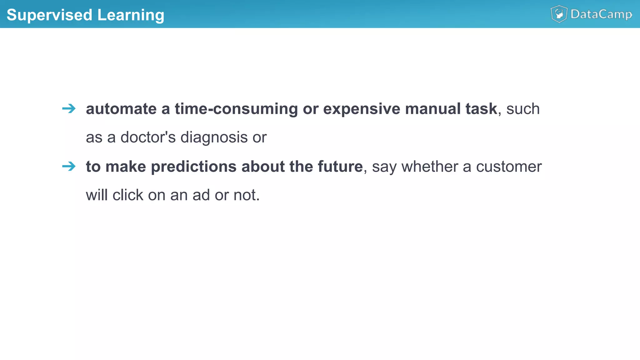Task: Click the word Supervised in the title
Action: (49, 15)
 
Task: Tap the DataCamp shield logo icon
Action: (559, 14)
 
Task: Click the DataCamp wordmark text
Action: (601, 14)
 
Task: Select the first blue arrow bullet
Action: (69, 109)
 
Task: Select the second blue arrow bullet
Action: (69, 166)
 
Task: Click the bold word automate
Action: (121, 109)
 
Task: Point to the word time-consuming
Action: (236, 109)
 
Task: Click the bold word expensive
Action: (362, 109)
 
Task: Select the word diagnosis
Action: (214, 137)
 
